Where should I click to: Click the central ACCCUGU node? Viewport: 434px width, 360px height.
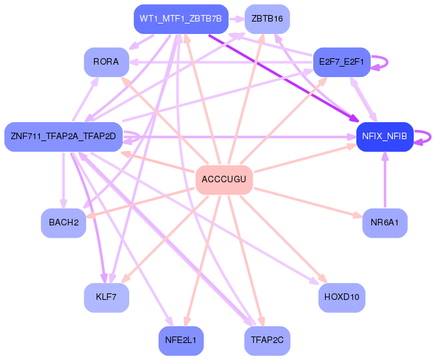click(225, 180)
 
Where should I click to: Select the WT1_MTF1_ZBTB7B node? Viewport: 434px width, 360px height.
click(181, 19)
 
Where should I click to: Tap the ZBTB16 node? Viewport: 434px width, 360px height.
click(267, 19)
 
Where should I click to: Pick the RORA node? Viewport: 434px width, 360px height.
click(106, 62)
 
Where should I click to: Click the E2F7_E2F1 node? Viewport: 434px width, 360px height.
click(341, 62)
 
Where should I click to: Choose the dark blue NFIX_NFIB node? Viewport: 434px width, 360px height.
click(385, 137)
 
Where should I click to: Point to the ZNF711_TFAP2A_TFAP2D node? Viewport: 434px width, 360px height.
click(63, 137)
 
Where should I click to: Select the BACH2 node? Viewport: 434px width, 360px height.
click(63, 223)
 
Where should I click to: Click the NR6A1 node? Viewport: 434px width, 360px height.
click(385, 223)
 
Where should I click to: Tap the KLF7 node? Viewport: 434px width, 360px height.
click(106, 298)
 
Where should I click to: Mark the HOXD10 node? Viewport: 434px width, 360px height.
click(341, 298)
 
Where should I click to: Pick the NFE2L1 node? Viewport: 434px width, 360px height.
click(181, 340)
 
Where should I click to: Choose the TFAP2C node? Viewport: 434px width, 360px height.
click(267, 340)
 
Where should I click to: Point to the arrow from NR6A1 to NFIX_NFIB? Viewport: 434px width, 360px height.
click(385, 180)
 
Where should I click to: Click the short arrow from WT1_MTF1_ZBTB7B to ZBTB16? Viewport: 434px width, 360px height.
click(237, 19)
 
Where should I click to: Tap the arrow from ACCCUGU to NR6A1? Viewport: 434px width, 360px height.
click(308, 203)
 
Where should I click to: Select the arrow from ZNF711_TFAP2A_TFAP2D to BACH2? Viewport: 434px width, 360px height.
click(63, 180)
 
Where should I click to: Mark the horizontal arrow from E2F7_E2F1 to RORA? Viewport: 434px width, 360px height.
click(221, 62)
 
